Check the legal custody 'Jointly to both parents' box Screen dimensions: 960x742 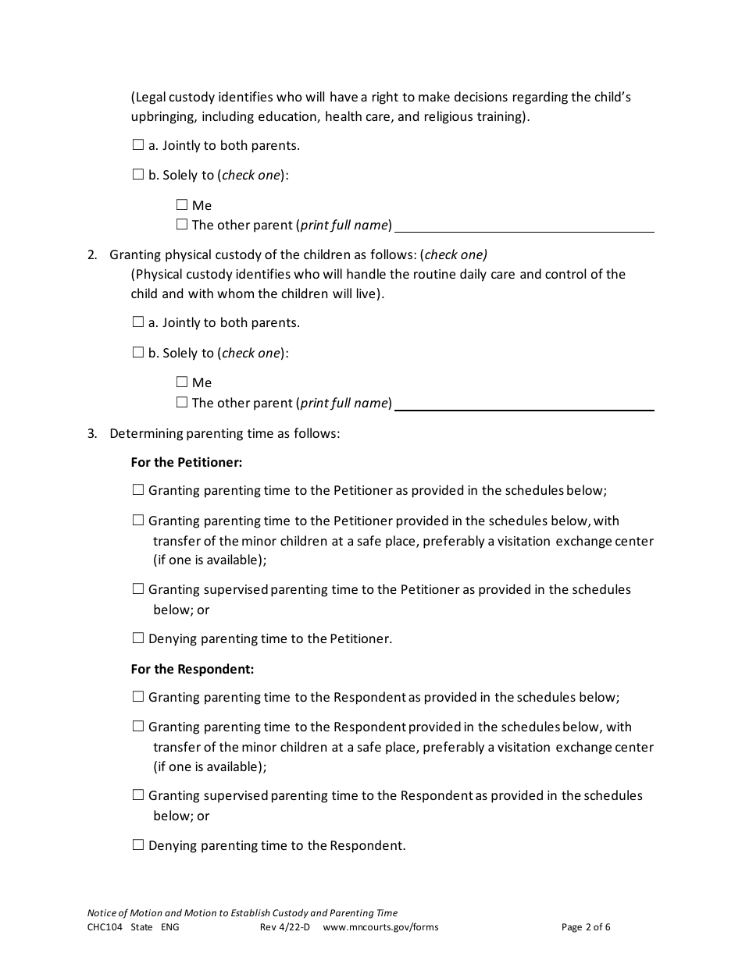138,145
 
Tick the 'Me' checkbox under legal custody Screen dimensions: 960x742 182,205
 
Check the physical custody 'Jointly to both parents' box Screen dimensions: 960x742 138,322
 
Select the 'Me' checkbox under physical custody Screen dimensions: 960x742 182,382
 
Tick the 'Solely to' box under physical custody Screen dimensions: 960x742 138,353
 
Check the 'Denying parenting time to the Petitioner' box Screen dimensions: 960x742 138,638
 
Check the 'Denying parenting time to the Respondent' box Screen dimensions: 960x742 138,845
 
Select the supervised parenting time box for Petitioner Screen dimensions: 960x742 138,589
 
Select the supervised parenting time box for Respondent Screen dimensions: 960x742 138,795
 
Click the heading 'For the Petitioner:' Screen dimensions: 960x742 187,463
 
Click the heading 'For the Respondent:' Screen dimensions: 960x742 192,670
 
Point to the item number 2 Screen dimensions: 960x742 91,254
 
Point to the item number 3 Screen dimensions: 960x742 91,433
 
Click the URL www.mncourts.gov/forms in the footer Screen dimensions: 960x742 380,927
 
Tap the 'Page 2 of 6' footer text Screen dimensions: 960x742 586,927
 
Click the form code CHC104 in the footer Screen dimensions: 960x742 105,927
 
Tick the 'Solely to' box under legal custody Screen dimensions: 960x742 138,176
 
